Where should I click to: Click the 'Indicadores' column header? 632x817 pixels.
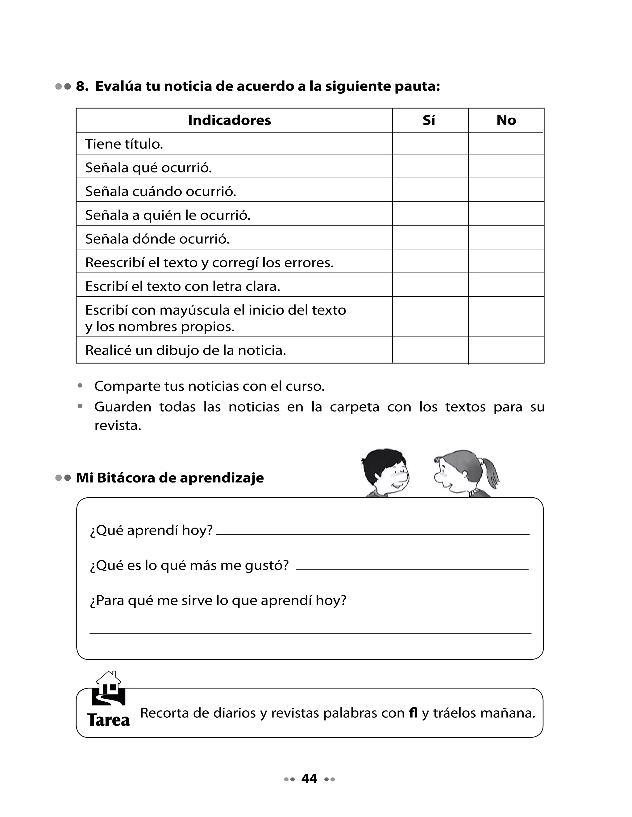coord(229,120)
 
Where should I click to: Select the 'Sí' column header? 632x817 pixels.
coord(429,120)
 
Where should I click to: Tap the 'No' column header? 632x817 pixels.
coord(506,120)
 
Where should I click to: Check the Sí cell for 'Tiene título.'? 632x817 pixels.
coord(430,143)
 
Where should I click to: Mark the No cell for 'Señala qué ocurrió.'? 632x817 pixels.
coord(506,166)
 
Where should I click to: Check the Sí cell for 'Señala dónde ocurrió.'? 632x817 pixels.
coord(430,237)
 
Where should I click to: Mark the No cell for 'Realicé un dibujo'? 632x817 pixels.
coord(506,350)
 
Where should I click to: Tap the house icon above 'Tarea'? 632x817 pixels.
coord(109,688)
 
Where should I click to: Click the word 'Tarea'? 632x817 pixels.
coord(109,720)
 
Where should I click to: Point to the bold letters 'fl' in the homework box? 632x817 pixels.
coord(413,713)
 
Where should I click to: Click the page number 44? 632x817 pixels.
coord(309,778)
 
